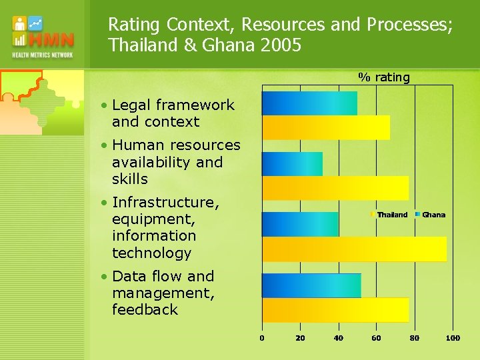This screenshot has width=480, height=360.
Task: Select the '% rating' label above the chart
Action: tap(384, 77)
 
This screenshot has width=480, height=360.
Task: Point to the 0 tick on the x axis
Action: tap(262, 338)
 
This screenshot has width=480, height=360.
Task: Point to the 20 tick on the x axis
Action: tap(300, 338)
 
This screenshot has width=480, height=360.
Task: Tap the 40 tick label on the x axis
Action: tap(338, 338)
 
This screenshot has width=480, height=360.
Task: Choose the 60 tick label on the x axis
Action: tap(376, 338)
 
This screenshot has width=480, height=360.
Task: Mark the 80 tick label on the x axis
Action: tap(414, 338)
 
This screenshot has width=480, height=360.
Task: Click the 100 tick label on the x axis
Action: tap(453, 338)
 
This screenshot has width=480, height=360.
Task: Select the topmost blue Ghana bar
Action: tap(309, 103)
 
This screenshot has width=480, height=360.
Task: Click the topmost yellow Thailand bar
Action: tap(325, 127)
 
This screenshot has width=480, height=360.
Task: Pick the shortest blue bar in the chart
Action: tap(292, 164)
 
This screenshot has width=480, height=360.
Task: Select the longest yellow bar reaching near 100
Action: tap(354, 249)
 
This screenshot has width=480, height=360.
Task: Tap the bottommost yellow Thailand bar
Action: tap(335, 310)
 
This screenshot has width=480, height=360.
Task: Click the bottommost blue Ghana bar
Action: tap(311, 285)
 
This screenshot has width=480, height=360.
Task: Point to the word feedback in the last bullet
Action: tap(145, 309)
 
